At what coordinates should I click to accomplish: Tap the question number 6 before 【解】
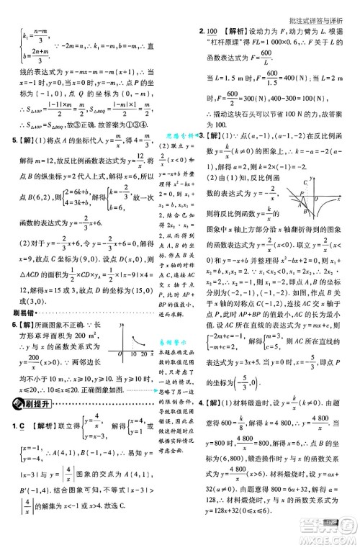click(6, 326)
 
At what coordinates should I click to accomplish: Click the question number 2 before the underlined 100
click(201, 32)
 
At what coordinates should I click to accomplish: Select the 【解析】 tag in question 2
click(237, 32)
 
